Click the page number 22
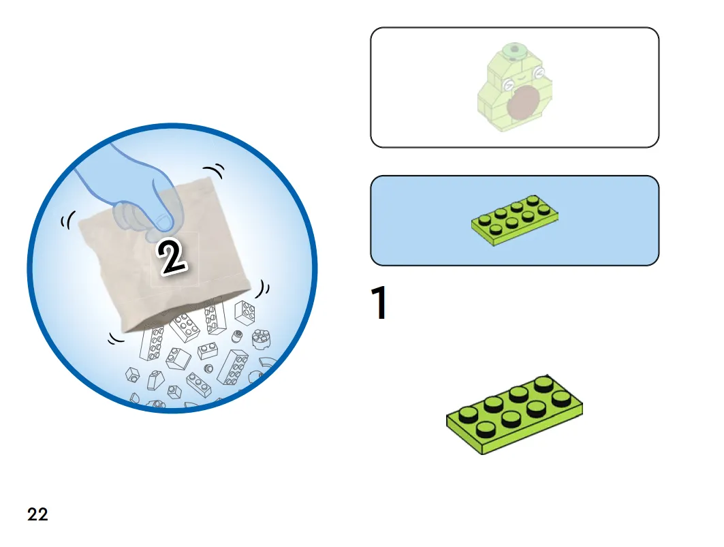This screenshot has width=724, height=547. (37, 514)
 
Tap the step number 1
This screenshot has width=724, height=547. (379, 302)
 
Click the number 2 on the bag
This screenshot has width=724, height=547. (172, 257)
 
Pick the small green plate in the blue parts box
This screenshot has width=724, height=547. (515, 220)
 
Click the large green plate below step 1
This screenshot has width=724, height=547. (514, 414)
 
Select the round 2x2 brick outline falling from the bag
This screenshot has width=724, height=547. (262, 339)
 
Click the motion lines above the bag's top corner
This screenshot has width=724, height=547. (215, 170)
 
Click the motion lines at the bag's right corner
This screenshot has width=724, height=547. (264, 290)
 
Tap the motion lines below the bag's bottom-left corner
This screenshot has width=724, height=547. (116, 339)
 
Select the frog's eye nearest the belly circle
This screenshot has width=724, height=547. (509, 84)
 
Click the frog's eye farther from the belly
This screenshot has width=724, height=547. (538, 72)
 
